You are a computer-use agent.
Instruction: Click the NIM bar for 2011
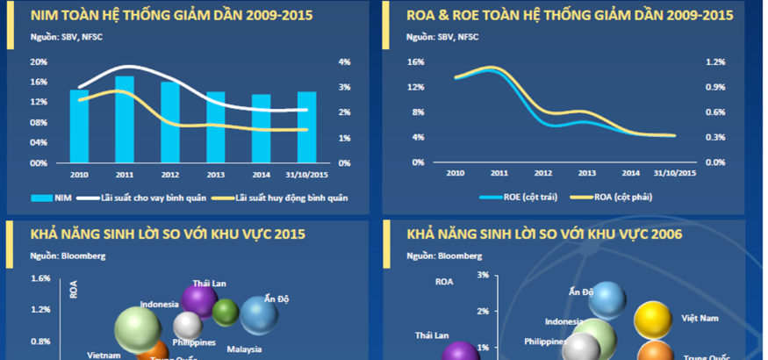pos(125,119)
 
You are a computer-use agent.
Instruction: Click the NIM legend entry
pos(58,198)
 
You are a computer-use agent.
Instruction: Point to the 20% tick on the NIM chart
pos(39,62)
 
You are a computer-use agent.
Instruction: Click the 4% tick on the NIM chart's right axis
pos(345,62)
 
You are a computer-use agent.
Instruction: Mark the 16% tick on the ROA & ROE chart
pos(416,62)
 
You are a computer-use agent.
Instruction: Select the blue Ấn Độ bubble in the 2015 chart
pos(259,315)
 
